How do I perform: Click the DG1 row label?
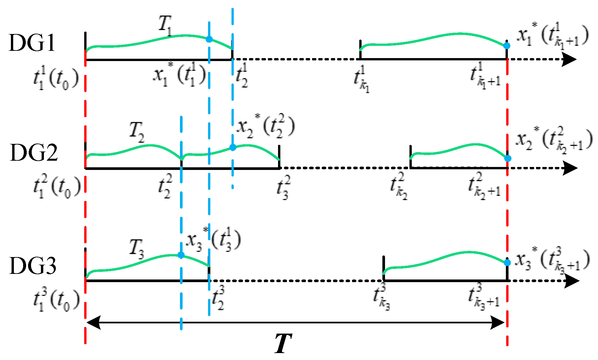pyautogui.click(x=32, y=43)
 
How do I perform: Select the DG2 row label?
pyautogui.click(x=34, y=152)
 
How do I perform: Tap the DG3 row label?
pyautogui.click(x=33, y=266)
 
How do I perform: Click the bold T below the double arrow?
pyautogui.click(x=283, y=343)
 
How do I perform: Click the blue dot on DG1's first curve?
pyautogui.click(x=209, y=39)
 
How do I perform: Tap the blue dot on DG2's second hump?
pyautogui.click(x=233, y=147)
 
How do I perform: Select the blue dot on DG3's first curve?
pyautogui.click(x=181, y=255)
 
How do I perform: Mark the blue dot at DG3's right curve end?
pyautogui.click(x=508, y=263)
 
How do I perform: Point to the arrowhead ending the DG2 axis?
pyautogui.click(x=570, y=168)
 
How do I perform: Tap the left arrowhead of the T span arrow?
pyautogui.click(x=93, y=322)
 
